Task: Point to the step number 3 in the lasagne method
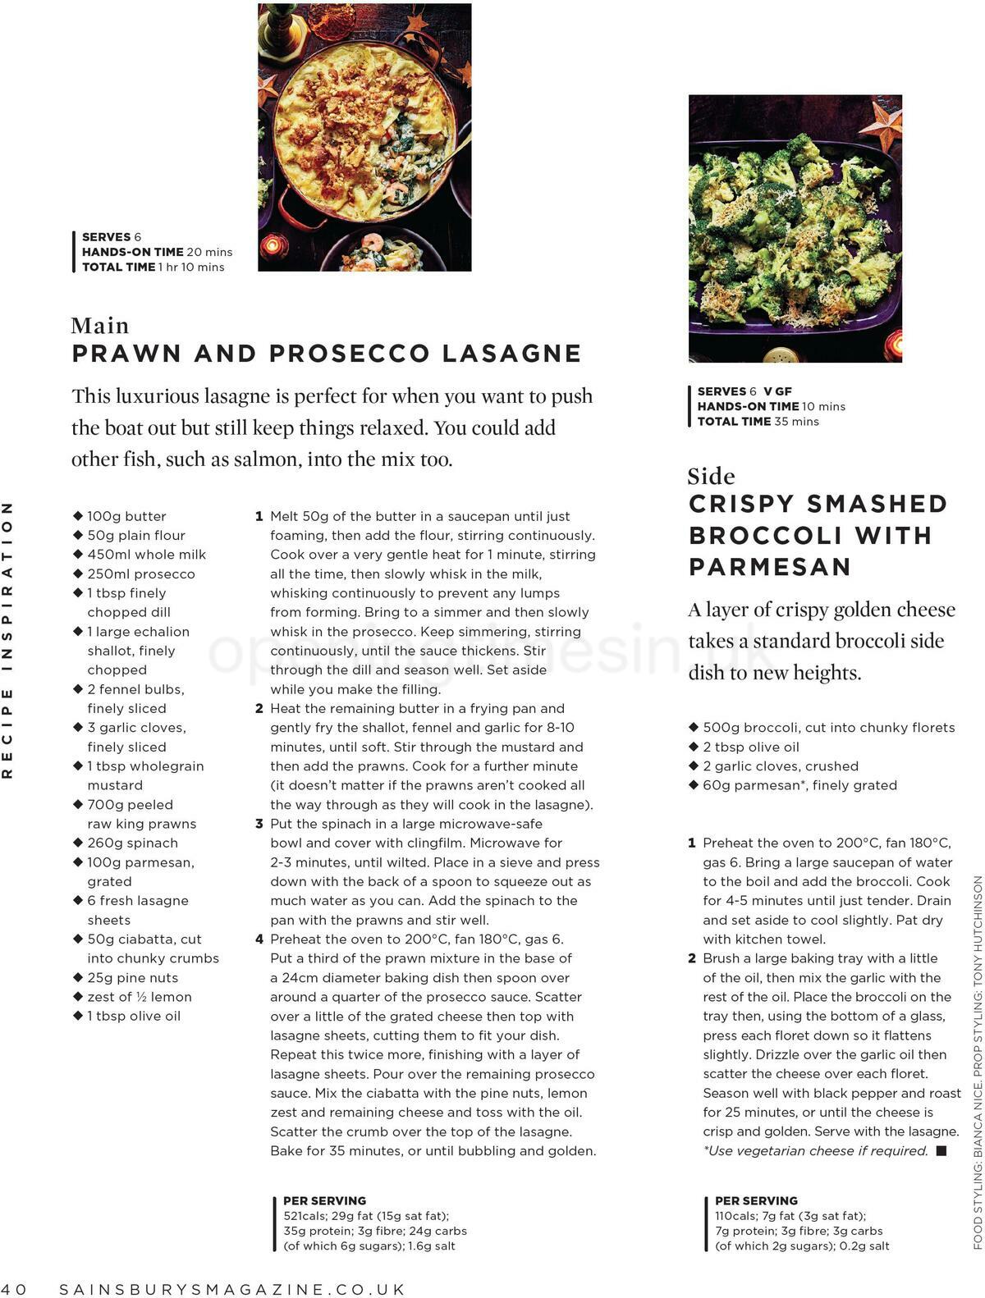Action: point(259,824)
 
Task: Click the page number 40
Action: point(14,1289)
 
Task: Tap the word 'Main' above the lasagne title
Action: point(100,326)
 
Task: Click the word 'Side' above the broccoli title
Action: point(711,476)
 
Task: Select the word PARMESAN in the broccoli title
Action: point(769,567)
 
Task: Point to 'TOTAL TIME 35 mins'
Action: point(758,422)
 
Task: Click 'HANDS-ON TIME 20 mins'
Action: point(157,252)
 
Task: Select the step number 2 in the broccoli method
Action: point(691,958)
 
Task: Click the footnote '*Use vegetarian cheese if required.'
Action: point(815,1150)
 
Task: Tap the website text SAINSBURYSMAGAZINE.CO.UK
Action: point(232,1289)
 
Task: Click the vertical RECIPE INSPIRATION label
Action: point(8,640)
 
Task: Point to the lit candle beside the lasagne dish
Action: point(274,245)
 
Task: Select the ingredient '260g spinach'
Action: point(132,843)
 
